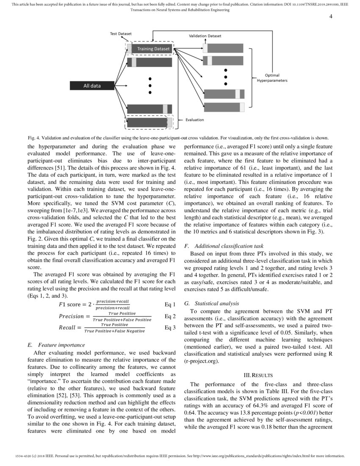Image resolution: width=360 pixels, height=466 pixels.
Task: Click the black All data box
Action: coord(92,86)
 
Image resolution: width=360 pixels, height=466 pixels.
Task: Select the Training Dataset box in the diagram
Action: coord(153,49)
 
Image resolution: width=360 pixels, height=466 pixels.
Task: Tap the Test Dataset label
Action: coord(121,33)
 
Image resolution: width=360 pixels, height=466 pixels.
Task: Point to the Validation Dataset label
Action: coord(205,36)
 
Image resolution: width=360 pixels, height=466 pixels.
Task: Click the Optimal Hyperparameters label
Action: coord(272,78)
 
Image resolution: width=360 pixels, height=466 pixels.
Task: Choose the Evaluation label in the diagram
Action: coord(194,120)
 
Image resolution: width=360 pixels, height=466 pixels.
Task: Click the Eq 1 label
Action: coord(169,304)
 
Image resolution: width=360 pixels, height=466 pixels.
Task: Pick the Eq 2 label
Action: coord(169,316)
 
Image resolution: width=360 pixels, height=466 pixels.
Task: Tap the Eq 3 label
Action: coord(169,327)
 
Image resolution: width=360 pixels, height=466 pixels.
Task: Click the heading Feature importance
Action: coord(61,345)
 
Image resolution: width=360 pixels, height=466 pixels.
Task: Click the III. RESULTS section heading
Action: coord(258,375)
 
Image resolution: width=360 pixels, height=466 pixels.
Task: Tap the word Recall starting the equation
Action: coord(67,328)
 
